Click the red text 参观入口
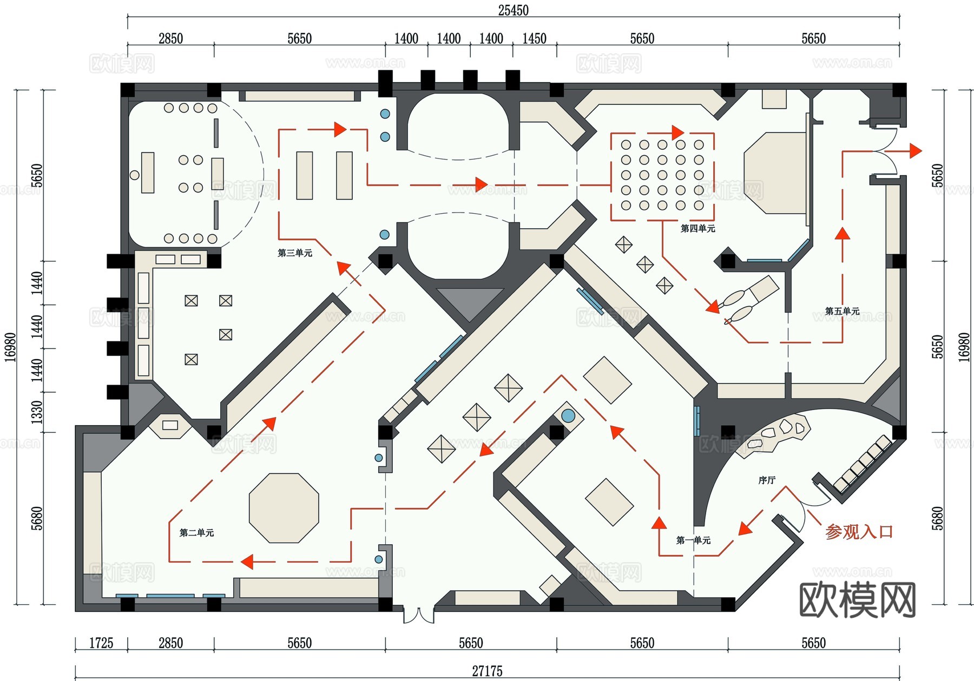[859, 532]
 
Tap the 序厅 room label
[767, 480]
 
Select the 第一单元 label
[693, 540]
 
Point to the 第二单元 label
[196, 533]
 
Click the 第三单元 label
[294, 253]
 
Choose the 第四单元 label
[697, 229]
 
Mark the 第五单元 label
[842, 311]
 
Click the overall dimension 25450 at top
[513, 10]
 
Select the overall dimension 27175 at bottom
[487, 671]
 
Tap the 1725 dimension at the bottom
[101, 643]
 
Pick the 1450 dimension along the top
[534, 38]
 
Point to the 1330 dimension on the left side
[36, 412]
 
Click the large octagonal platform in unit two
[284, 508]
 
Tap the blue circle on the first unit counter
[568, 415]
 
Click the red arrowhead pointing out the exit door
[915, 151]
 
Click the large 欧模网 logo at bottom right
[857, 599]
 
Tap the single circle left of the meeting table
[134, 175]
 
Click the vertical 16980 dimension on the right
[964, 346]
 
